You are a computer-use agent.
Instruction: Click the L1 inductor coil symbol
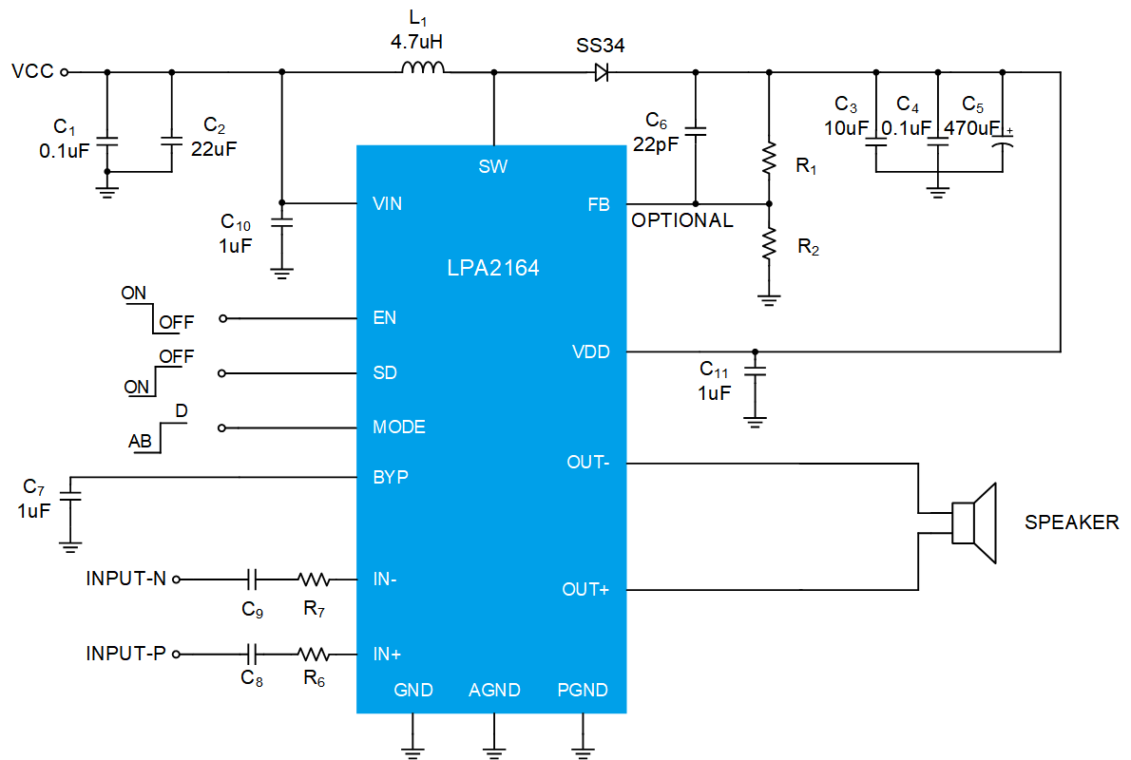coord(423,67)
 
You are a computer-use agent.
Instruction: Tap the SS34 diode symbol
coord(602,72)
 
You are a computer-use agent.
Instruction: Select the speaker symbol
coord(974,523)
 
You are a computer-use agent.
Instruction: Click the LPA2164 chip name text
coord(492,268)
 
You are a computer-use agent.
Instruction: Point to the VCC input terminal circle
coord(65,72)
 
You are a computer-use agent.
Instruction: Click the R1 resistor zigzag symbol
coord(769,158)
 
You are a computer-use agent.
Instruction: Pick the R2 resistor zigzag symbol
coord(769,244)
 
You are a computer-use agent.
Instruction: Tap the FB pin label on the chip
coord(599,205)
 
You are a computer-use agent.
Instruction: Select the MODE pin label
coord(399,427)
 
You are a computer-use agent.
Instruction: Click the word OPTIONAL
coord(682,220)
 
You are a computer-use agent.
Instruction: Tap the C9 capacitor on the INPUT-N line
coord(251,579)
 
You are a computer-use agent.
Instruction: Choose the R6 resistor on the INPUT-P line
coord(314,654)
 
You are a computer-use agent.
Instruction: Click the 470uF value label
coord(971,128)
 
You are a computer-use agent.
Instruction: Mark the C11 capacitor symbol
coord(755,370)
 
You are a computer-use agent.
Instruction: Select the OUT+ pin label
coord(585,590)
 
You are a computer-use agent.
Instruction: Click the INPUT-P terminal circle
coord(176,654)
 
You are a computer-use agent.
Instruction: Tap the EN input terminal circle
coord(223,318)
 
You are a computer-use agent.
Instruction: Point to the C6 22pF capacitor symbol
coord(696,131)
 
